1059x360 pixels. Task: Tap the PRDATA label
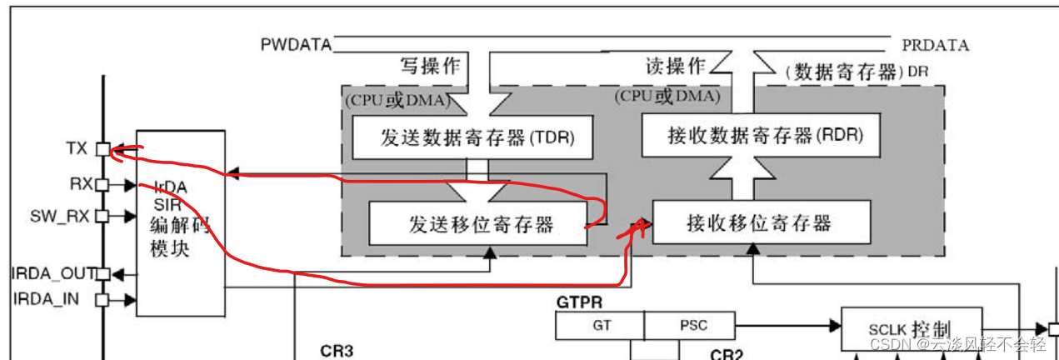pos(935,44)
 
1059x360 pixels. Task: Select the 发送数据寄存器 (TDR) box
pos(472,137)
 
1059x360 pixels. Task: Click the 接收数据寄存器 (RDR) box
pos(760,135)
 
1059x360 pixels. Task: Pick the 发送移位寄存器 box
pos(477,224)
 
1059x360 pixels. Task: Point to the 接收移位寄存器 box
pos(760,222)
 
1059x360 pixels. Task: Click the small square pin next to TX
pos(102,150)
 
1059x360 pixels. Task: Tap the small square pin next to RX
pos(102,184)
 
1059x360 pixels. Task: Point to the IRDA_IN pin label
pos(57,298)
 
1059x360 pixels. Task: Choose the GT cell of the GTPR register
pos(601,326)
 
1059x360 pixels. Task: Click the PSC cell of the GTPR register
pos(689,326)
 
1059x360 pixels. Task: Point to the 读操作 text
pos(676,66)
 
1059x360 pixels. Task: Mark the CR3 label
pos(337,351)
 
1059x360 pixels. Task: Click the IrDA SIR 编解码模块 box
pos(180,222)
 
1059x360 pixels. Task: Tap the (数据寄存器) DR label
pos(857,72)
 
